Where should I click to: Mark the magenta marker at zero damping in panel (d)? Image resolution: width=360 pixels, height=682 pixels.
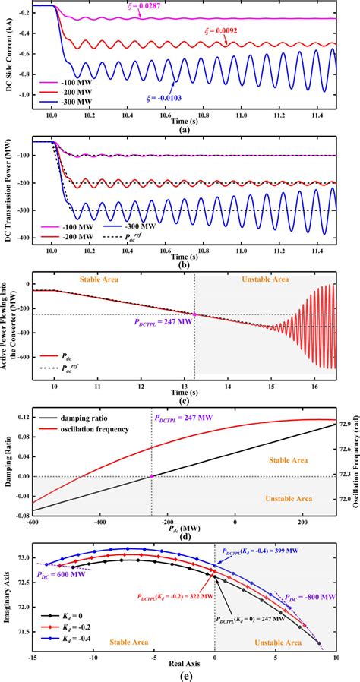[194, 476]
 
